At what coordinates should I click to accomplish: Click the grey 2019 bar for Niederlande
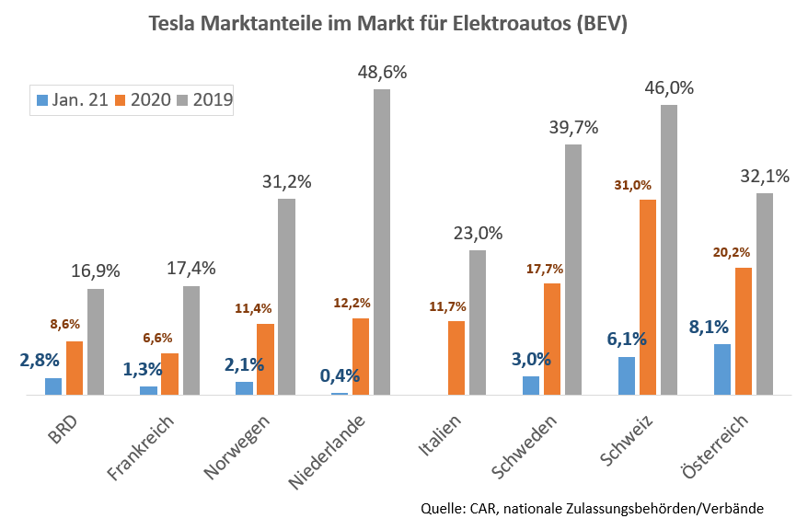pyautogui.click(x=382, y=242)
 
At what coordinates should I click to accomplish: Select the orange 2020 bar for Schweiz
pyautogui.click(x=648, y=297)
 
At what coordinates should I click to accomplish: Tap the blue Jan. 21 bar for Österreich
pyautogui.click(x=722, y=369)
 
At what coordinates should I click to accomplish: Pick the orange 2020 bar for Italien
pyautogui.click(x=456, y=358)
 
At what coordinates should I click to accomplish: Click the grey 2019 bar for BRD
pyautogui.click(x=96, y=341)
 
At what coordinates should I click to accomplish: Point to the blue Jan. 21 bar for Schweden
pyautogui.click(x=531, y=386)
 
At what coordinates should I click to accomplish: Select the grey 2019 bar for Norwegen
pyautogui.click(x=286, y=296)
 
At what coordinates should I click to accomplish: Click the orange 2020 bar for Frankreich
pyautogui.click(x=169, y=374)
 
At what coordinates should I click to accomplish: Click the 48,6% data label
pyautogui.click(x=382, y=72)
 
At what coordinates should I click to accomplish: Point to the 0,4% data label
pyautogui.click(x=340, y=375)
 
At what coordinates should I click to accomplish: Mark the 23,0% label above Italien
pyautogui.click(x=477, y=234)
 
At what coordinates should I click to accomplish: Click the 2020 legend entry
pyautogui.click(x=143, y=99)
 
